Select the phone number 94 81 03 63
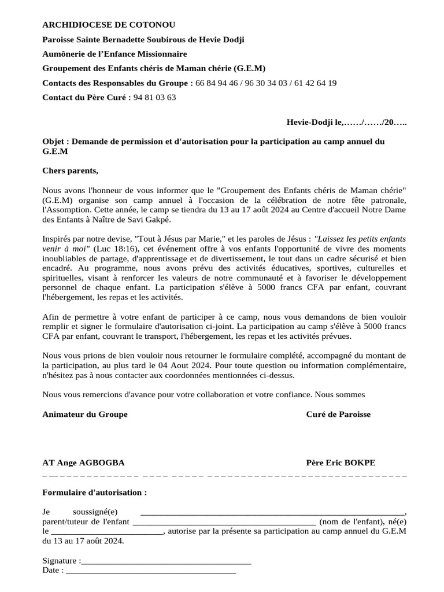[x=154, y=97]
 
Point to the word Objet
[x=54, y=141]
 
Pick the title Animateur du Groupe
[x=85, y=414]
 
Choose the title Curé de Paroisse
[x=338, y=414]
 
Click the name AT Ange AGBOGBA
[x=83, y=462]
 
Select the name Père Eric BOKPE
[x=341, y=462]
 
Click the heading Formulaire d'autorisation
[x=94, y=492]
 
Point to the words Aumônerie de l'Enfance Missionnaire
[x=114, y=54]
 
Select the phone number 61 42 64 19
[x=316, y=83]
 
